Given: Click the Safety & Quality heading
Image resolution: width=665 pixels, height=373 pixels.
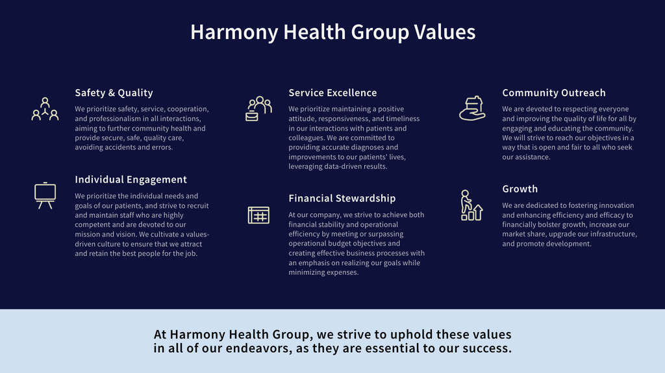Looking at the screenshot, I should (x=114, y=93).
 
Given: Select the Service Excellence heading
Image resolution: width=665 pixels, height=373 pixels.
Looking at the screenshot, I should (x=332, y=93).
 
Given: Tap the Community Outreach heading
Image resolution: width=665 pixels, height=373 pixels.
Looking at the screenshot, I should (x=553, y=93).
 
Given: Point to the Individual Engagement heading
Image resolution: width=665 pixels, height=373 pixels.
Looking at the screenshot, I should (x=131, y=179).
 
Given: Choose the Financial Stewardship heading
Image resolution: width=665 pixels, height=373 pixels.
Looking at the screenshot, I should (x=342, y=198).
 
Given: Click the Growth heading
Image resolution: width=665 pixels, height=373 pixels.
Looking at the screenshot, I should (x=520, y=189).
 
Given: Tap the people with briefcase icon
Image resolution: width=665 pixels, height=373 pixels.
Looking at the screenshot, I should (x=258, y=109).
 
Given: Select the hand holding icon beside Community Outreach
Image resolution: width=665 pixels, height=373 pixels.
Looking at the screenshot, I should (x=472, y=108).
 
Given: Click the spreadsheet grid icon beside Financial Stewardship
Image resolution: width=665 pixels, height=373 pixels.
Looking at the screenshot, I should (x=258, y=214).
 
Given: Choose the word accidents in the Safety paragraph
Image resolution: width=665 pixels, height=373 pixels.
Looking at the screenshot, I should (x=129, y=148).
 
